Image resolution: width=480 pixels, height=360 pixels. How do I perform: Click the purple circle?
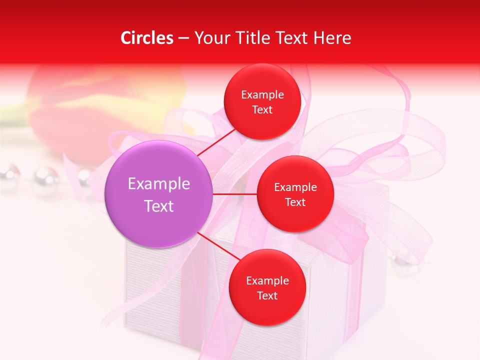pos(158,194)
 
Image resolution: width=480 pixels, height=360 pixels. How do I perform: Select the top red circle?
pos(262,101)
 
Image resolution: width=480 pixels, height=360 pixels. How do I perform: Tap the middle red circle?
pos(295,194)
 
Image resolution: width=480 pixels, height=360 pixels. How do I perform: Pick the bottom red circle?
pos(267,287)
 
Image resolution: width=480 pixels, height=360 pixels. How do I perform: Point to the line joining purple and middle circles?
pos(234,194)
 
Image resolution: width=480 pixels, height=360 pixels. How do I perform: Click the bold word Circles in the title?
pos(147,38)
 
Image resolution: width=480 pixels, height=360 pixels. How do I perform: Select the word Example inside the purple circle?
pos(159,184)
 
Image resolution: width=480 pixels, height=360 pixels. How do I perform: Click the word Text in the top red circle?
pos(262,109)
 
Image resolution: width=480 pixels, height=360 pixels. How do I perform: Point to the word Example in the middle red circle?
pos(295,187)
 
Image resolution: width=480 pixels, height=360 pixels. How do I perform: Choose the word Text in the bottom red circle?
pos(267,295)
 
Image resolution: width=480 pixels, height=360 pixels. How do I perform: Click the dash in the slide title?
pos(183,38)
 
